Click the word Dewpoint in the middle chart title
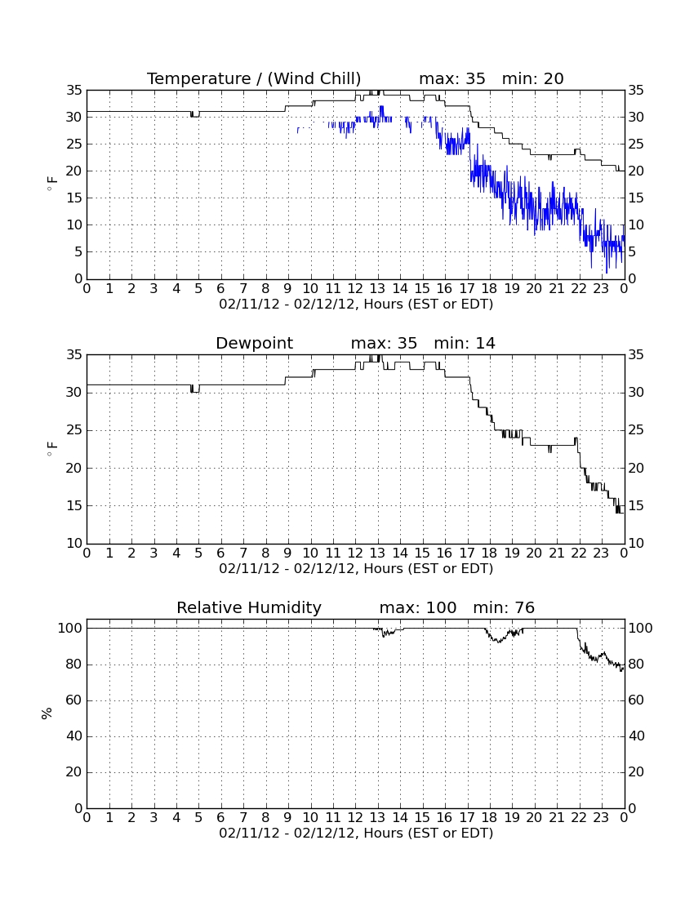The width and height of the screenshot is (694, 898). [254, 344]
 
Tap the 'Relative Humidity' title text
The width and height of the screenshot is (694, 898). [248, 607]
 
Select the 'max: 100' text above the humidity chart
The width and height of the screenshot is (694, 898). [418, 607]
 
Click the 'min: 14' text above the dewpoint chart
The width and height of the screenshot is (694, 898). [465, 343]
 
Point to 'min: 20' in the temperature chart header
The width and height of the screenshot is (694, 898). [532, 78]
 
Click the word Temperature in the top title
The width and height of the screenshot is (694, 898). [198, 78]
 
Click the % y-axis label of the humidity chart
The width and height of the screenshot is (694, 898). [47, 714]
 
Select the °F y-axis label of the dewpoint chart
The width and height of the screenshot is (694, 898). [51, 448]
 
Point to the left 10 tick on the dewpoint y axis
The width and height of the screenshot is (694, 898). [74, 543]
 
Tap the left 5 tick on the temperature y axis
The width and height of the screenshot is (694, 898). [78, 252]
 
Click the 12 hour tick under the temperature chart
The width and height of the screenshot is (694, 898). [355, 288]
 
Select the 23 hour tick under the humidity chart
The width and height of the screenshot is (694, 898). [601, 817]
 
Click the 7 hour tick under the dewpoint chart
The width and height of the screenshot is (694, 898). [243, 553]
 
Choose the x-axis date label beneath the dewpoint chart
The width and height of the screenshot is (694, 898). [356, 569]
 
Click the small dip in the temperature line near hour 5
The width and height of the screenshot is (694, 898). [194, 114]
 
